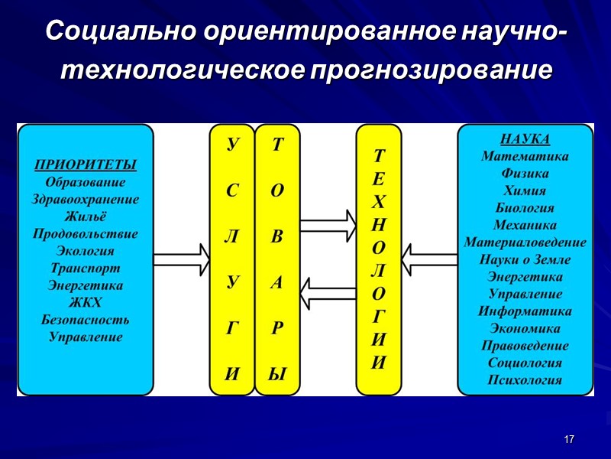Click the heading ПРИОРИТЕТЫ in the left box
[x=86, y=164]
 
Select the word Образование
[x=86, y=182]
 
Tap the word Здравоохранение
[x=86, y=199]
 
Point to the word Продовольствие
[x=86, y=233]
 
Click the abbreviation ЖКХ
[x=86, y=302]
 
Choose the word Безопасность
[x=86, y=319]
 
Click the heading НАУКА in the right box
[x=525, y=139]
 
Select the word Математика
[x=525, y=156]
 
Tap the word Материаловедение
[x=525, y=243]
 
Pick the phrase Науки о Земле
[x=525, y=259]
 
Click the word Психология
[x=525, y=379]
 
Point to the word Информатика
[x=525, y=311]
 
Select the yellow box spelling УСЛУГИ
[x=231, y=260]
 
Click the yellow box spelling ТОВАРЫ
[x=276, y=260]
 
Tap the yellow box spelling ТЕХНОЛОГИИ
[x=379, y=260]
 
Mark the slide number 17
[x=568, y=439]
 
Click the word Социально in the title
[x=121, y=32]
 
